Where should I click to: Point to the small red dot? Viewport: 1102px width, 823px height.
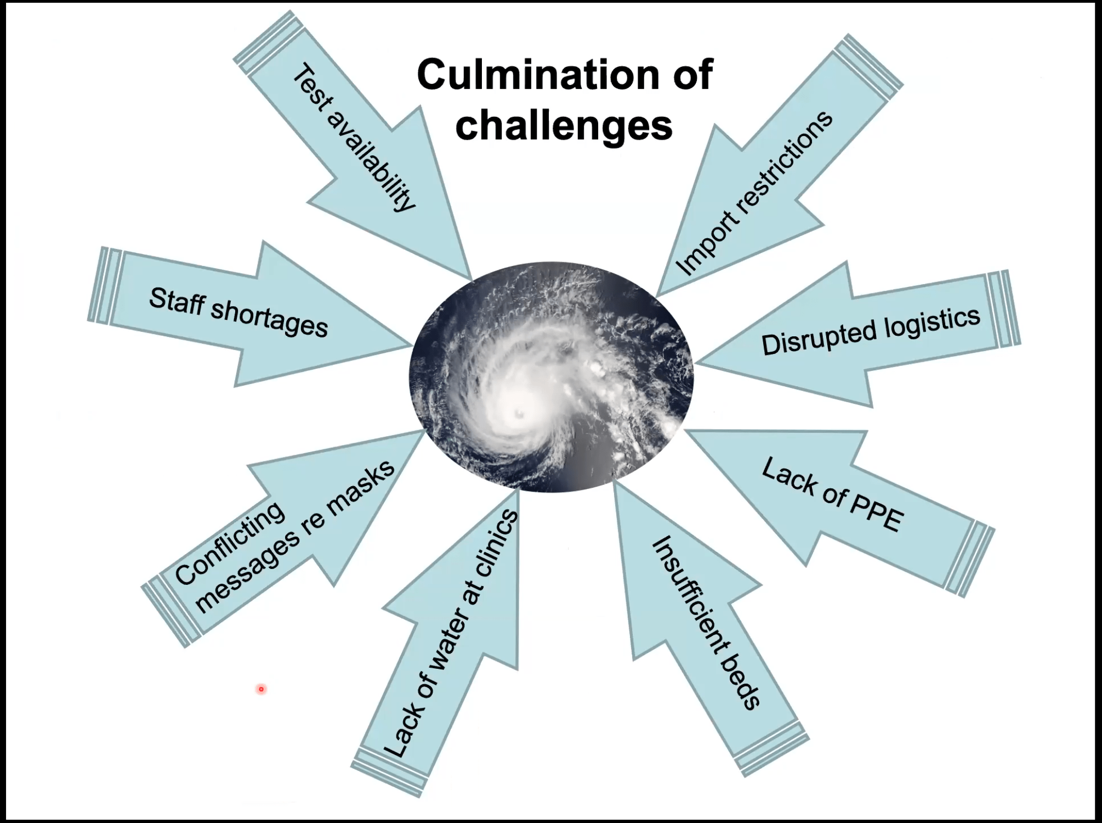click(x=262, y=689)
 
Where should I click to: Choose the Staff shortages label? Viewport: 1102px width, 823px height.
click(x=238, y=312)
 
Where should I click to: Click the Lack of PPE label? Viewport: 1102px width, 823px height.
click(x=833, y=494)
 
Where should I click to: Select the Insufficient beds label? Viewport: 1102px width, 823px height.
click(x=707, y=623)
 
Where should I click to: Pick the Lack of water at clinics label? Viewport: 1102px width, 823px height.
click(x=449, y=634)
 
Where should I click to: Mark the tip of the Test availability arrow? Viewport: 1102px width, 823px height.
click(x=470, y=278)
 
